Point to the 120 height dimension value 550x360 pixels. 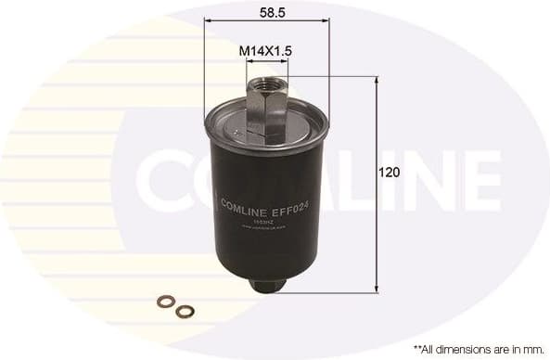(390, 172)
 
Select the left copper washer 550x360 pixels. (164, 300)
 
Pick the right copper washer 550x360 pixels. (185, 311)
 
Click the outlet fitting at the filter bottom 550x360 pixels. (266, 284)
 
